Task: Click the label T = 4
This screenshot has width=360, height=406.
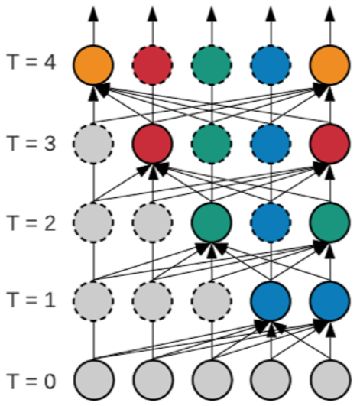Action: (x=32, y=62)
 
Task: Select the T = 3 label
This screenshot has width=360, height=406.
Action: (x=32, y=143)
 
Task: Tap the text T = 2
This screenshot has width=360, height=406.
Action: (x=32, y=223)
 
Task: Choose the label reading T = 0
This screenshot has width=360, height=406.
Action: (x=32, y=381)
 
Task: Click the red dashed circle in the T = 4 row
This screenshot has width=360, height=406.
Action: (x=152, y=65)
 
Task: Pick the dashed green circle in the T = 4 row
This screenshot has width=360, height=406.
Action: (x=212, y=65)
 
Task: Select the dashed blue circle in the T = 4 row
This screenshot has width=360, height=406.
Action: (x=271, y=65)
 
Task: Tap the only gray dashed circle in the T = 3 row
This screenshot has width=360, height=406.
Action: (x=93, y=144)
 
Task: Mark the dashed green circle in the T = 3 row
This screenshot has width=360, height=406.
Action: (x=212, y=144)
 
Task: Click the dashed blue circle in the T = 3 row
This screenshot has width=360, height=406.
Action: (x=271, y=144)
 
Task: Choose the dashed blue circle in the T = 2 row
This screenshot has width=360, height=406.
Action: (x=271, y=222)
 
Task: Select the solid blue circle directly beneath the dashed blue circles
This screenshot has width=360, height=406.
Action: (x=271, y=301)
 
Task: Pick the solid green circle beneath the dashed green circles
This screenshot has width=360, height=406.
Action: (x=212, y=222)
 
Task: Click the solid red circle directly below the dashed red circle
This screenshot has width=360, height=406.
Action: (x=152, y=144)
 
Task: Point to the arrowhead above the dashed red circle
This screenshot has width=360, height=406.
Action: (x=152, y=14)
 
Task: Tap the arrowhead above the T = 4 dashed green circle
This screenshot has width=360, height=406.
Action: (x=212, y=14)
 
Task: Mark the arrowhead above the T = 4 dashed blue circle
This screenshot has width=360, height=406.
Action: (x=271, y=14)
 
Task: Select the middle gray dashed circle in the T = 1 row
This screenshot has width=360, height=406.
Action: (x=152, y=301)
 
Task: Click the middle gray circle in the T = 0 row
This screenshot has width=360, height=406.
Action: (x=212, y=380)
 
